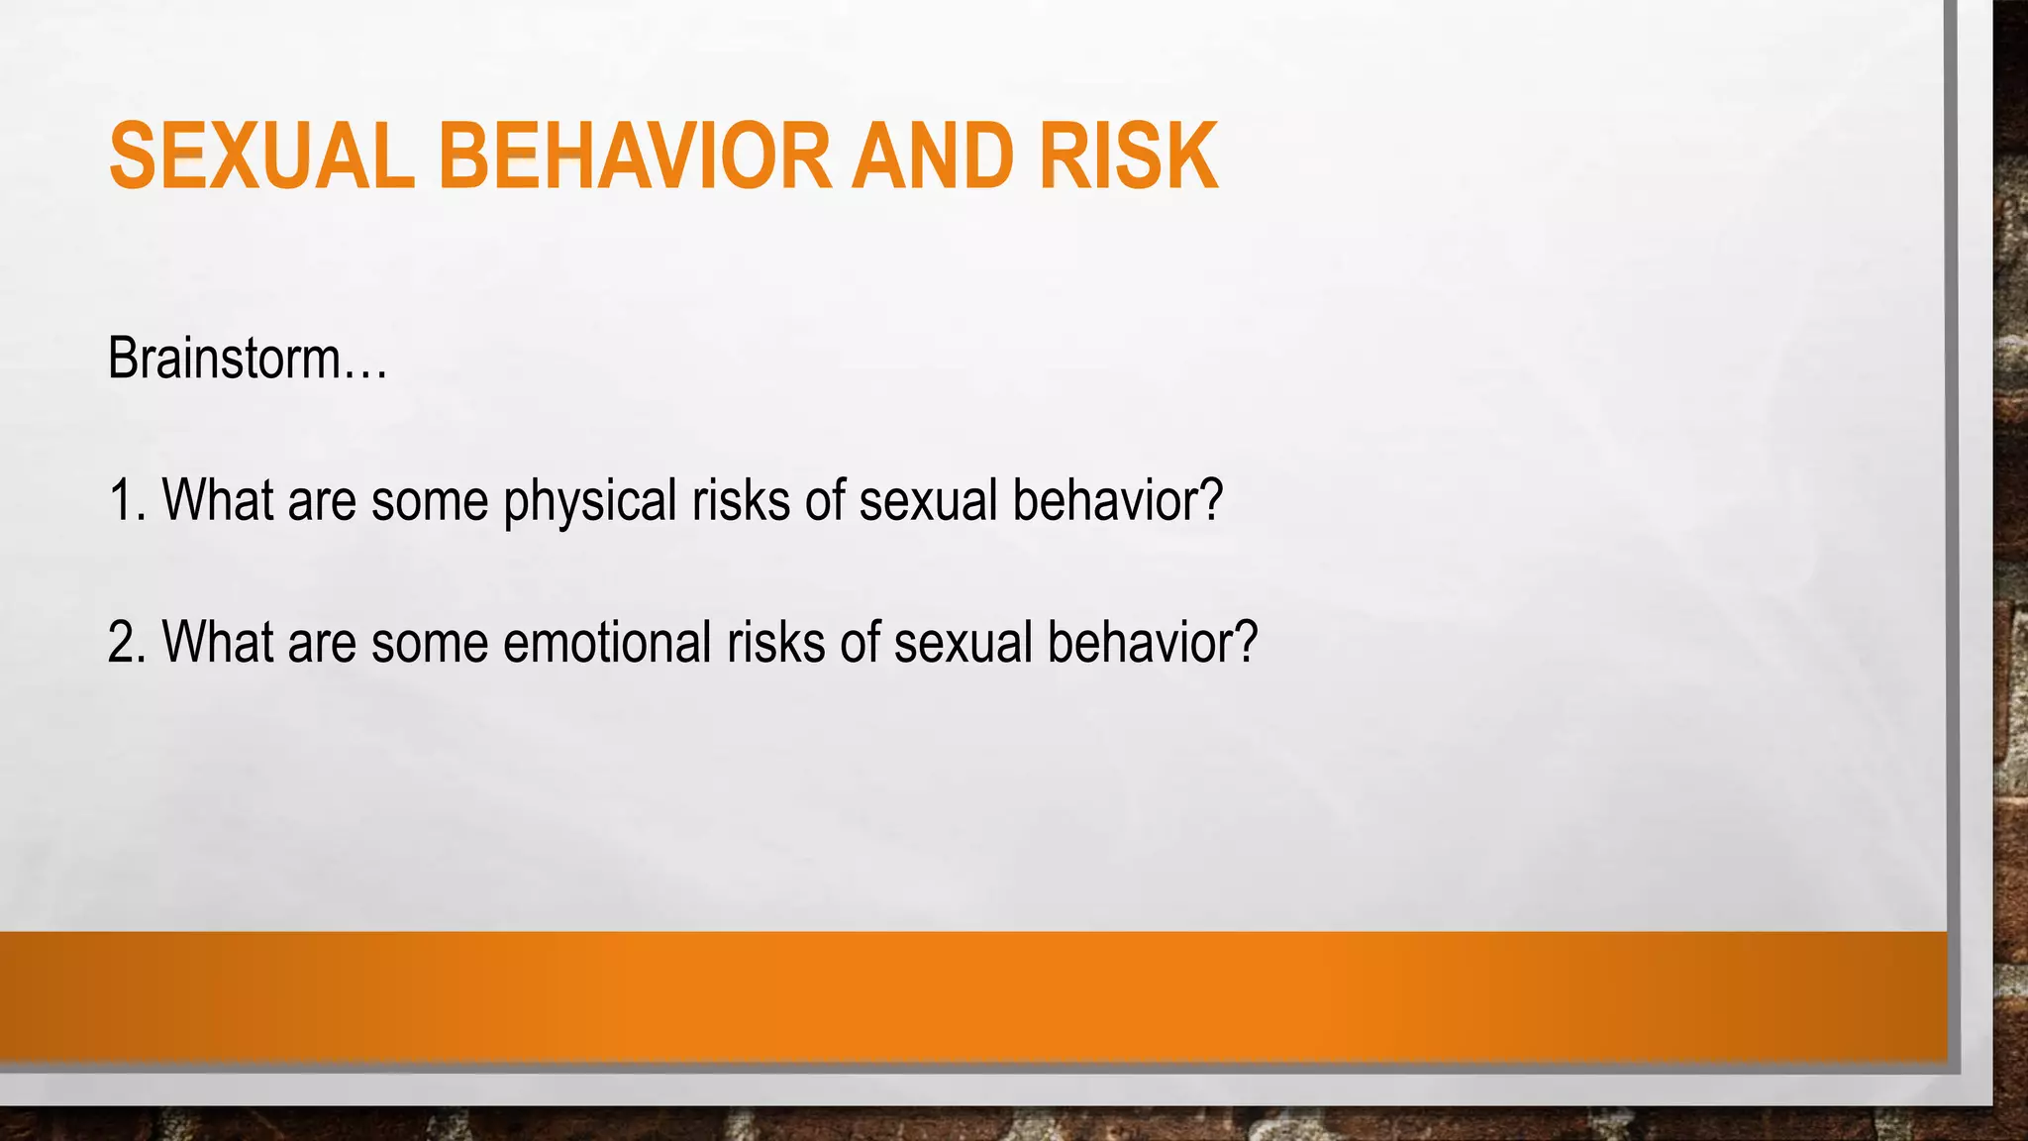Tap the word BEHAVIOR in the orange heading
click(635, 156)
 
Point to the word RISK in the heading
click(1128, 156)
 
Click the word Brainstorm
click(224, 358)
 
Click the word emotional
click(607, 642)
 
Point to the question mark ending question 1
click(1211, 500)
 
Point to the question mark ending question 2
click(1246, 642)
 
